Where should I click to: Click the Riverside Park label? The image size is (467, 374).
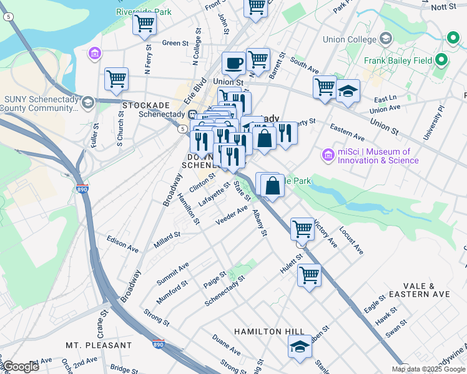143,12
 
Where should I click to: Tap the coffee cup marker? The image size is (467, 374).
234,62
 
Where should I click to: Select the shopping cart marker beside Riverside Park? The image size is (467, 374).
144,24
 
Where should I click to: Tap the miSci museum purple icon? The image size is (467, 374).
327,154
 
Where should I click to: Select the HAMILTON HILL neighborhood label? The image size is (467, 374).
269,332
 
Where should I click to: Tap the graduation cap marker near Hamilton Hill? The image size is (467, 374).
300,347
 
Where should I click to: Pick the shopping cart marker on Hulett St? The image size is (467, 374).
309,274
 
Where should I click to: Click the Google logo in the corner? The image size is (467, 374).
21,367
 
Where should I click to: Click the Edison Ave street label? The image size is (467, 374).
122,244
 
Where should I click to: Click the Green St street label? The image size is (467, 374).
175,43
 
